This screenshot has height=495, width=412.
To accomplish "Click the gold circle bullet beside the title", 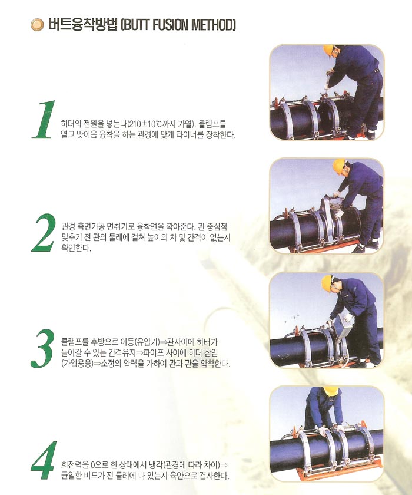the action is [x=37, y=25].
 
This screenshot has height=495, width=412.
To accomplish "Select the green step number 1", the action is [x=43, y=120].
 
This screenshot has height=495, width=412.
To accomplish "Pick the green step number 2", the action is [x=44, y=233].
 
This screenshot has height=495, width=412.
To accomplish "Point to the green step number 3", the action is [x=42, y=348].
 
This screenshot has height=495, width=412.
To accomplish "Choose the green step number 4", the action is [x=44, y=460].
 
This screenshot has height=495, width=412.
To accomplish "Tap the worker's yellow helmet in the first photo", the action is [x=328, y=50].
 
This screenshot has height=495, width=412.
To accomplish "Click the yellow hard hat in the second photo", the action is [x=338, y=166].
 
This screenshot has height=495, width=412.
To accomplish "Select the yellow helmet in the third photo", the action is [x=327, y=283].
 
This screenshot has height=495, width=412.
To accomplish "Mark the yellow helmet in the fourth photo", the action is [x=331, y=391].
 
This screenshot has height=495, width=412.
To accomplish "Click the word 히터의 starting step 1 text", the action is [x=69, y=124].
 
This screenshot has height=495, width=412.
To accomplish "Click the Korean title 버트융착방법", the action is [x=82, y=25].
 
